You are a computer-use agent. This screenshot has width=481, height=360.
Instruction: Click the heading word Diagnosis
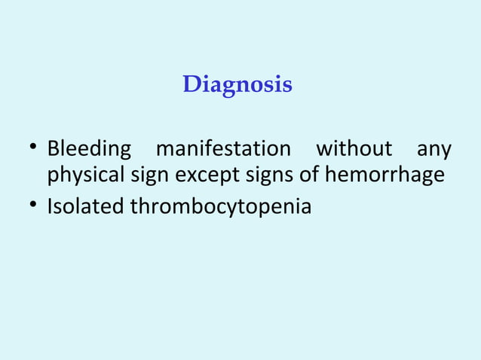(x=237, y=84)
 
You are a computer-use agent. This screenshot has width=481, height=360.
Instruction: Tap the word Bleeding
(x=89, y=150)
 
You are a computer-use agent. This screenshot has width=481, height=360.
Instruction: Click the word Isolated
(x=85, y=205)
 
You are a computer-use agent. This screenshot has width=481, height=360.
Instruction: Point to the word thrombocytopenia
(x=221, y=206)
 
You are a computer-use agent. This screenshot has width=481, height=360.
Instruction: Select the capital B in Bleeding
(x=53, y=149)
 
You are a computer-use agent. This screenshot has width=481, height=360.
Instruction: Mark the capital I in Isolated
(x=50, y=205)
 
